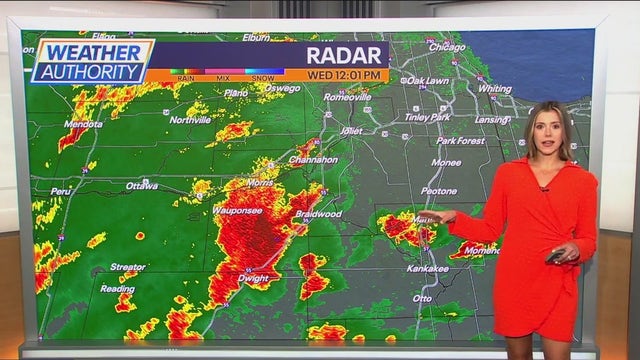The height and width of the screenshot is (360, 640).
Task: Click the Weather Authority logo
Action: [91, 60]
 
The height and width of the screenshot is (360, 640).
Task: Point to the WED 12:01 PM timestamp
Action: [346, 75]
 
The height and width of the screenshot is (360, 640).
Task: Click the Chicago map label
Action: [446, 46]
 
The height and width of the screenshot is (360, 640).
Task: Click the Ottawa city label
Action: [142, 186]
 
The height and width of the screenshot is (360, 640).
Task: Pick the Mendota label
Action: [83, 124]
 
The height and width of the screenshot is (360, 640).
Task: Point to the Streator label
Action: [127, 267]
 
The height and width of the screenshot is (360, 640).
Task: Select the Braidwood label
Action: [319, 214]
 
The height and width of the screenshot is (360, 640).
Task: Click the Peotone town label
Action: [438, 190]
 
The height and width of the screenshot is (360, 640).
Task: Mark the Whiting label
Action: [494, 88]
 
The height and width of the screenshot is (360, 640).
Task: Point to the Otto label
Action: [423, 298]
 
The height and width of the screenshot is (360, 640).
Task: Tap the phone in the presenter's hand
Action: [554, 257]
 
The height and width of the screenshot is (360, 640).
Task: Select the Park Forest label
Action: [460, 141]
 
